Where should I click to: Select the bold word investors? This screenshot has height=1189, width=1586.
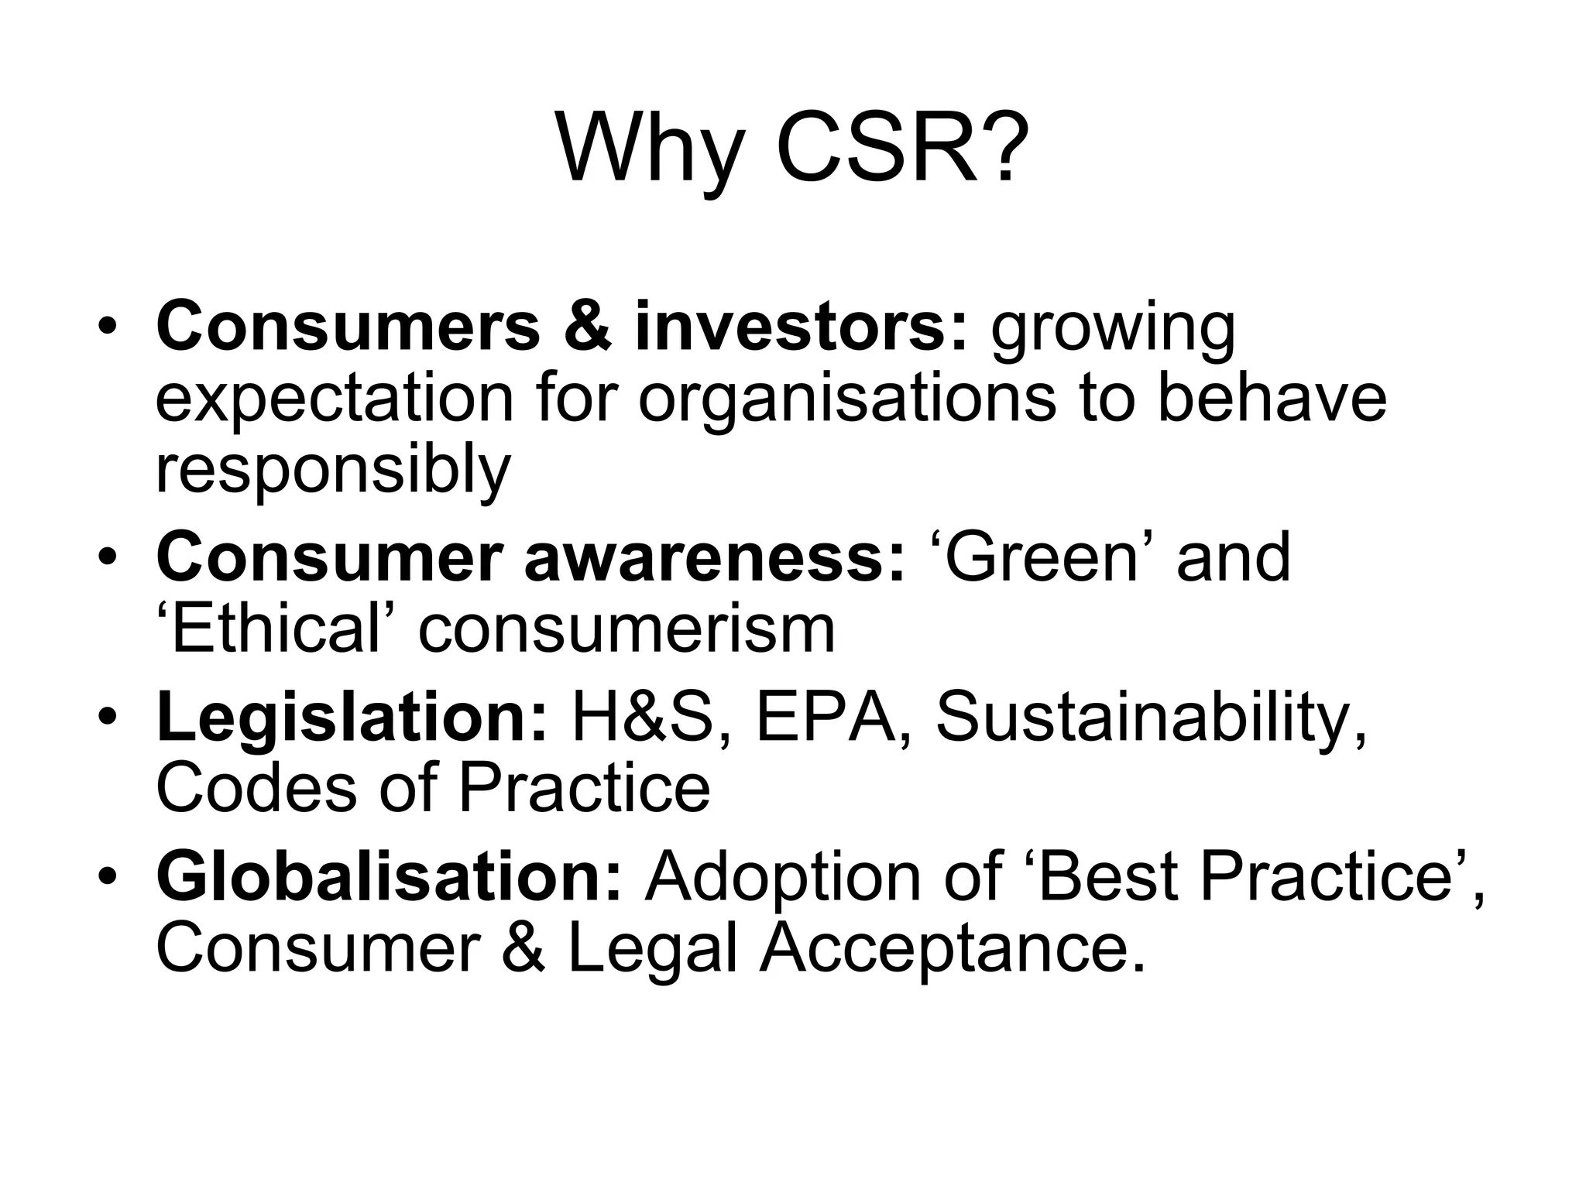(x=800, y=327)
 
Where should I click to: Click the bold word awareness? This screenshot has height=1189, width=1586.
(x=713, y=558)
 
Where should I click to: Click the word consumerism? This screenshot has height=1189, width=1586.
(x=627, y=629)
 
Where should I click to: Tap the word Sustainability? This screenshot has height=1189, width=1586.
(x=1151, y=718)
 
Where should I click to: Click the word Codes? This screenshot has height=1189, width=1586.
(x=256, y=788)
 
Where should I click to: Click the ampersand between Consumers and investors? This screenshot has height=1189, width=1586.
(x=588, y=327)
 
